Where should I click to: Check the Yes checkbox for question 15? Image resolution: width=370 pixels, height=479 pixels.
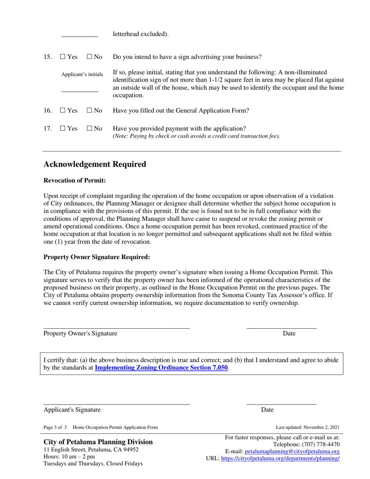[x=62, y=57]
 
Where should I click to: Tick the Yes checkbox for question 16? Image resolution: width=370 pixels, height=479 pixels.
[x=62, y=111]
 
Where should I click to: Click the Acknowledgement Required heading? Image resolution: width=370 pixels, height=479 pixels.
[x=95, y=164]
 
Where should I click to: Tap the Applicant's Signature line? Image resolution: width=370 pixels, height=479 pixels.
[x=116, y=403]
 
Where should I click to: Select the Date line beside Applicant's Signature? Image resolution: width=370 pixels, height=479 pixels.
[x=281, y=403]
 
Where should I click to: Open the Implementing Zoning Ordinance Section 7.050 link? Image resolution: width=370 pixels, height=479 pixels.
[x=161, y=367]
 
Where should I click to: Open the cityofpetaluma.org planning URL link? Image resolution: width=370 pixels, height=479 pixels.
[x=280, y=459]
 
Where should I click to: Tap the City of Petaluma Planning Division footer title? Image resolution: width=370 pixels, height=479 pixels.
[x=98, y=442]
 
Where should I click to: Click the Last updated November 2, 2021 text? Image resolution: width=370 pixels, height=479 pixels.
[x=302, y=427]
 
